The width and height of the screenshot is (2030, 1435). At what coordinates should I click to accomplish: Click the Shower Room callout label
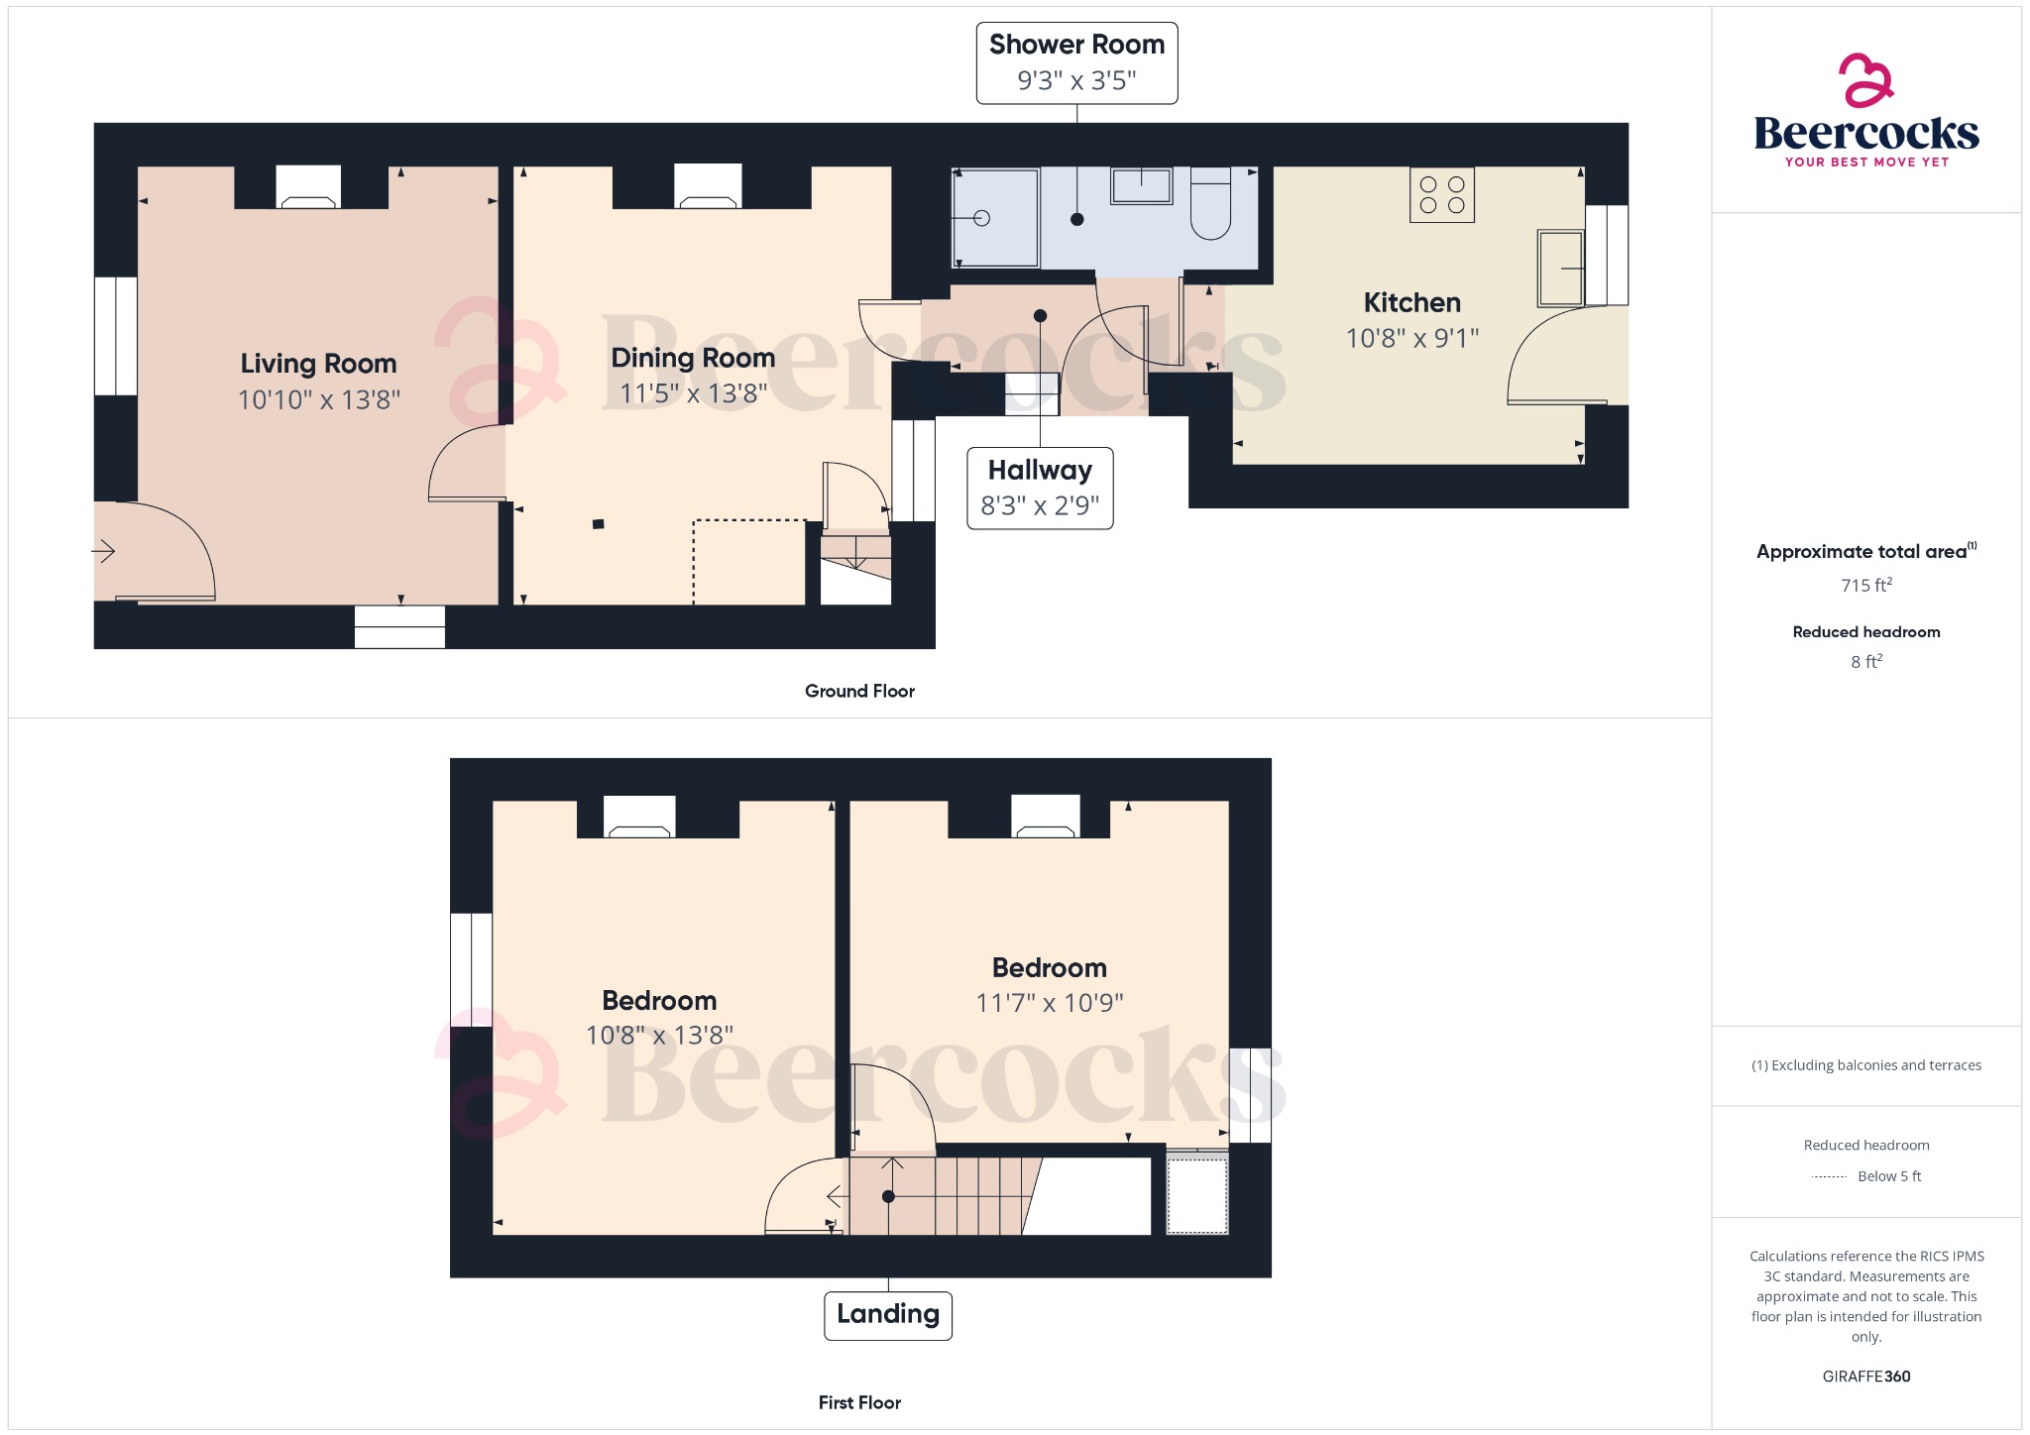point(1076,46)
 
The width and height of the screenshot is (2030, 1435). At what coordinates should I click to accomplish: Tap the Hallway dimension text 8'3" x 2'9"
point(1040,505)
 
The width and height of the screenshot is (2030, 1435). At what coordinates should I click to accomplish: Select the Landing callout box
point(887,1315)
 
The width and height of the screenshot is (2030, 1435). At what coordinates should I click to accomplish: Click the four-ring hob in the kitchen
point(1441,194)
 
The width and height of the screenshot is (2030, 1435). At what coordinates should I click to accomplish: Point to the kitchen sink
point(1560,268)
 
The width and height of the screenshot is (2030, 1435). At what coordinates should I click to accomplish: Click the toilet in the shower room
point(1210,206)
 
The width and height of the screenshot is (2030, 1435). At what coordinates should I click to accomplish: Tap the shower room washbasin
point(1141,185)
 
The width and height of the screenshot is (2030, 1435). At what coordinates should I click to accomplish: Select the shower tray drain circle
point(981,218)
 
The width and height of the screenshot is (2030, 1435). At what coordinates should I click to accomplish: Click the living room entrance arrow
point(104,551)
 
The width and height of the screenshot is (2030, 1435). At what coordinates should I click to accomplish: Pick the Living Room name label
point(318,364)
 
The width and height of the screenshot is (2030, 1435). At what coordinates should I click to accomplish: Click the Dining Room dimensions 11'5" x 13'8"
point(693,393)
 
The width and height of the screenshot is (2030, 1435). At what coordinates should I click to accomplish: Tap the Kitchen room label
point(1411,302)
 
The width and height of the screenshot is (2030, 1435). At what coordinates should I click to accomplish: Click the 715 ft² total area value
point(1865,585)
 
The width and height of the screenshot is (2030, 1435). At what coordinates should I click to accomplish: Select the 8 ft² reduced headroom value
point(1865,661)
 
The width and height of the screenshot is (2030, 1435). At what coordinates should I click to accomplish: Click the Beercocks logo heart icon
point(1865,80)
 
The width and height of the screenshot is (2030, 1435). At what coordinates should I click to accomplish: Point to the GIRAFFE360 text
point(1865,1376)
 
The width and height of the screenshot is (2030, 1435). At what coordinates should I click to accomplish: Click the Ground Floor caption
point(859,691)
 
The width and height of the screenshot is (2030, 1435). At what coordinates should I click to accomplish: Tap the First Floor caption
point(859,1402)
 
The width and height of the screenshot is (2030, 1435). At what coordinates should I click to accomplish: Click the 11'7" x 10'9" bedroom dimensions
point(1049,1003)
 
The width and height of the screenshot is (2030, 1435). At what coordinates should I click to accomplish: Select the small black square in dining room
point(598,524)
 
